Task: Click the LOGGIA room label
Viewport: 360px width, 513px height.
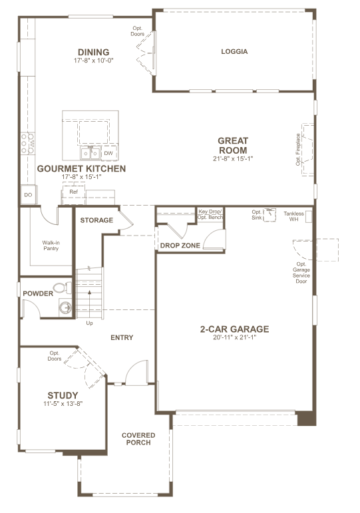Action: pyautogui.click(x=234, y=51)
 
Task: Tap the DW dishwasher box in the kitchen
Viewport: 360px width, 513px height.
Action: pyautogui.click(x=108, y=153)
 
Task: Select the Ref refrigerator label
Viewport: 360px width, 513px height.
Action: pyautogui.click(x=74, y=192)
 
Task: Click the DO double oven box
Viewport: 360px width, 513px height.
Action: pyautogui.click(x=29, y=195)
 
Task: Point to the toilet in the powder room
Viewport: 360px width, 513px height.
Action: pyautogui.click(x=63, y=288)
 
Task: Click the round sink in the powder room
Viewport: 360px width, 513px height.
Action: pyautogui.click(x=65, y=308)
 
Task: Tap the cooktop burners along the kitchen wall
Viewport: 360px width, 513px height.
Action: pyautogui.click(x=28, y=143)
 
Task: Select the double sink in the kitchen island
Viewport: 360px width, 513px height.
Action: pyautogui.click(x=90, y=153)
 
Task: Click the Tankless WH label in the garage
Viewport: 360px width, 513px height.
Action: pyautogui.click(x=293, y=216)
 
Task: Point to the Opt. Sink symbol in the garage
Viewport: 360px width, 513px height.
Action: pyautogui.click(x=270, y=214)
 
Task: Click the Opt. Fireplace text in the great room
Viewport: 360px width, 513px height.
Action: pyautogui.click(x=298, y=149)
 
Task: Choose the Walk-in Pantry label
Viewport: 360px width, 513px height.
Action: pyautogui.click(x=51, y=246)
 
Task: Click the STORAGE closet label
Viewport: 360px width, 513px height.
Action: pyautogui.click(x=96, y=220)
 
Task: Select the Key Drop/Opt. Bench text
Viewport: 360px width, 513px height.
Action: pyautogui.click(x=210, y=214)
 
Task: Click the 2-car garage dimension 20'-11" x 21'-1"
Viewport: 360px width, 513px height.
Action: pyautogui.click(x=234, y=337)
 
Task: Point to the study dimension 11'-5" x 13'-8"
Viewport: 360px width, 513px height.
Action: pyautogui.click(x=63, y=404)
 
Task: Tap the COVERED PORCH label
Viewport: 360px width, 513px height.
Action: pyautogui.click(x=138, y=438)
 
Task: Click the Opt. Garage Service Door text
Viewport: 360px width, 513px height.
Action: pyautogui.click(x=301, y=273)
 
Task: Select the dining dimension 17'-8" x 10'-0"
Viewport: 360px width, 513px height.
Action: pyautogui.click(x=94, y=61)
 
